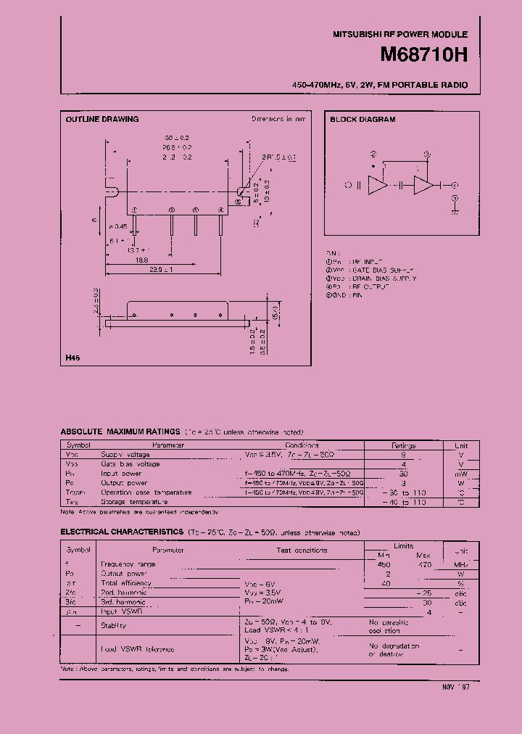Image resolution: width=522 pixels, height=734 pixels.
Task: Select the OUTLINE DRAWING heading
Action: [x=102, y=119]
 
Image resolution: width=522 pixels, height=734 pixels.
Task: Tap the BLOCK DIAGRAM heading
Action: [x=363, y=119]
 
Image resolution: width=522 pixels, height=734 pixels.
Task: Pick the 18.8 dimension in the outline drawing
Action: [x=141, y=259]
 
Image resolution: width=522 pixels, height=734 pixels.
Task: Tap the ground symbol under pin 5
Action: [x=455, y=211]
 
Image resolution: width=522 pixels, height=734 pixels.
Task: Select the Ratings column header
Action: [x=404, y=445]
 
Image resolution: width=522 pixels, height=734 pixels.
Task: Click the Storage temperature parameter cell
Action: [x=135, y=501]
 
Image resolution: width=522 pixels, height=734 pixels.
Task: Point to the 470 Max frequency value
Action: [x=425, y=564]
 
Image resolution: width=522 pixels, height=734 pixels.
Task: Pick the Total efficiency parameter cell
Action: [x=126, y=582]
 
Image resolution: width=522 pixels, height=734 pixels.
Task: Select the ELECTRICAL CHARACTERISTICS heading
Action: [x=122, y=532]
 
